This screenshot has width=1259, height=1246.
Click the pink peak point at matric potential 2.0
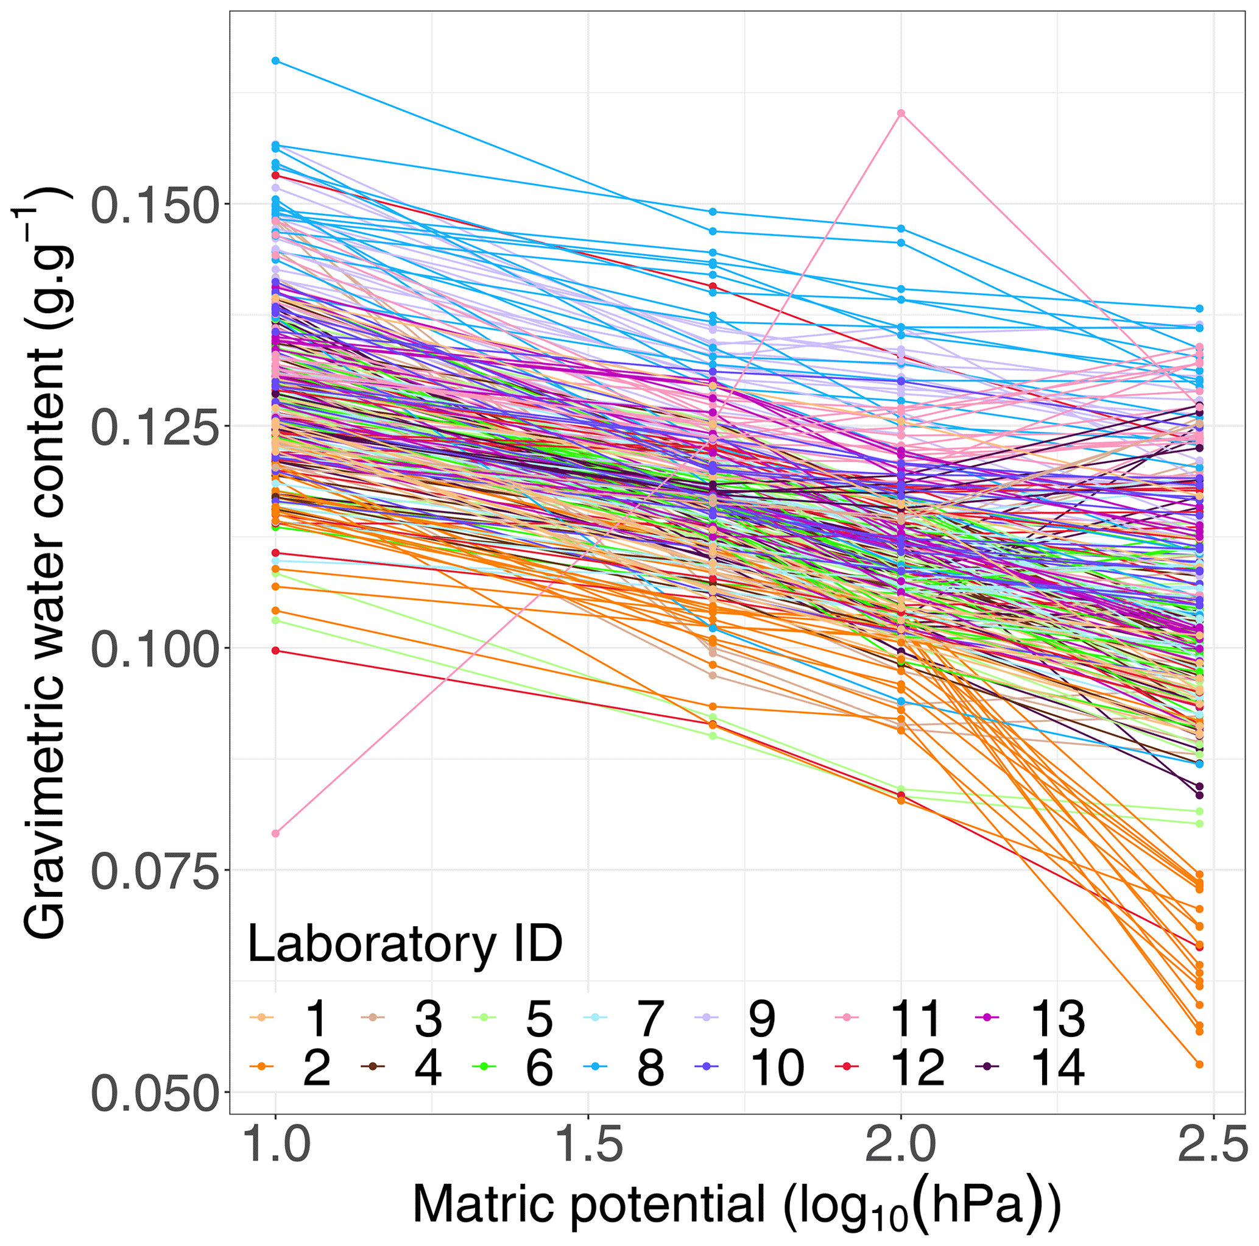pyautogui.click(x=901, y=113)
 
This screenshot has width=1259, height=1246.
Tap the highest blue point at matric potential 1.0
pyautogui.click(x=276, y=61)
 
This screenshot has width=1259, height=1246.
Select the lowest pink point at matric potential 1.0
pyautogui.click(x=276, y=834)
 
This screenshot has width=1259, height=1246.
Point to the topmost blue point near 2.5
pyautogui.click(x=1199, y=308)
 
